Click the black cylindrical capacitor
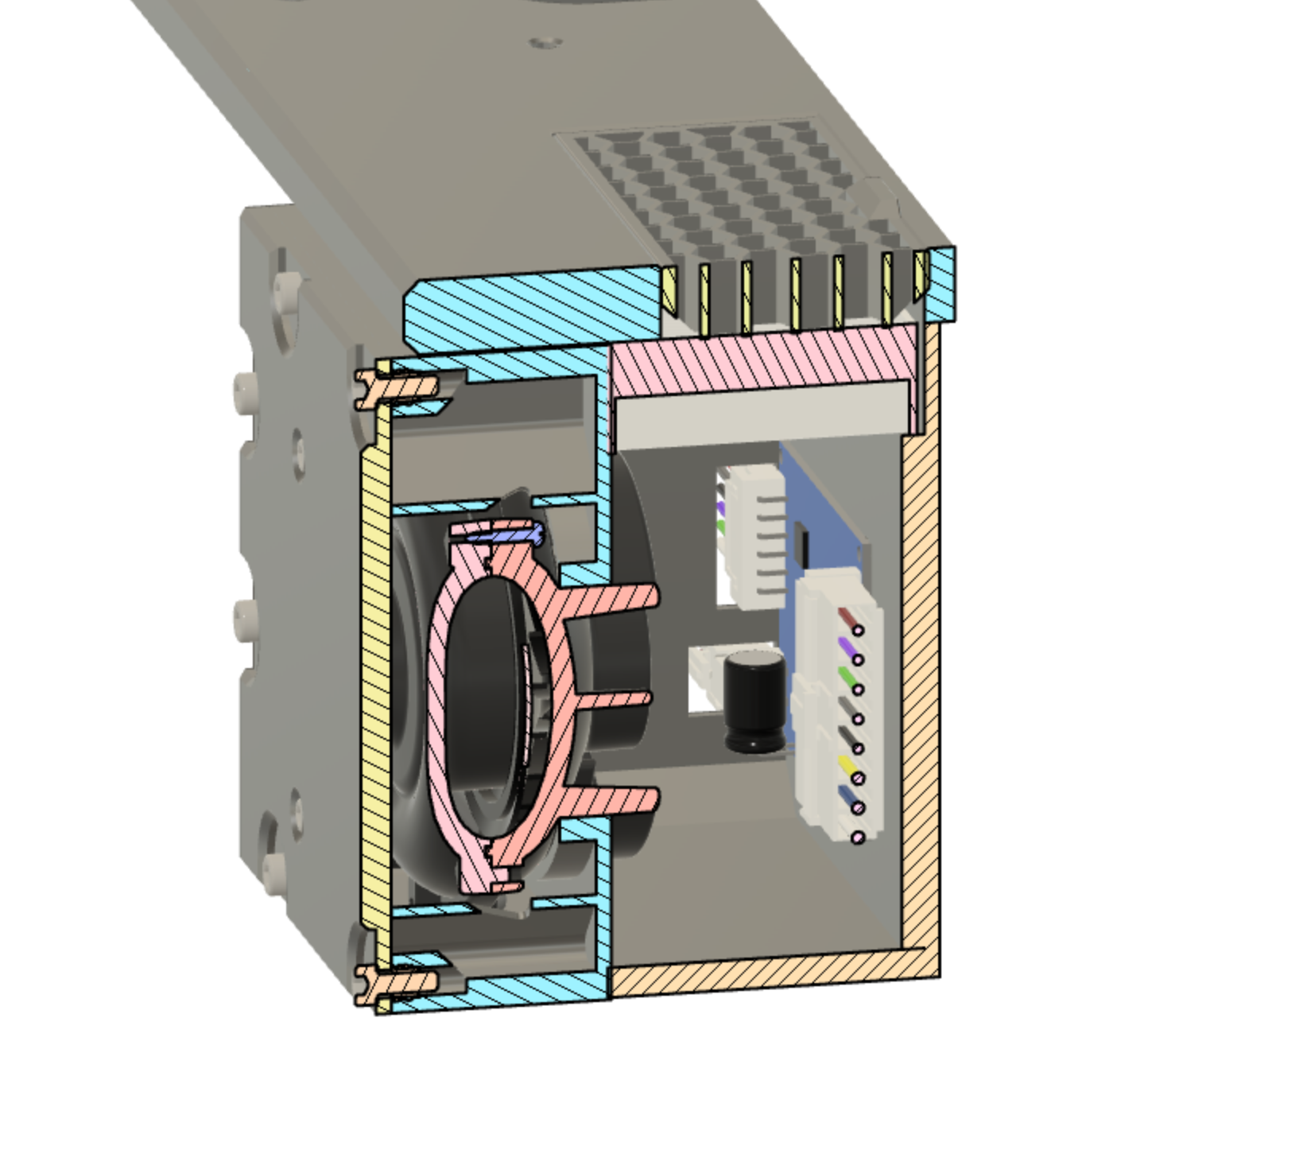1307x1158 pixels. coord(753,700)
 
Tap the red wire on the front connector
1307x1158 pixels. coord(849,618)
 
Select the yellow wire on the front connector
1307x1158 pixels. coord(847,767)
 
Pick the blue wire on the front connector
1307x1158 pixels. coord(847,796)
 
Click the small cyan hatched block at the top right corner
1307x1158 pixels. coord(942,282)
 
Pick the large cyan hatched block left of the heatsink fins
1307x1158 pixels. coord(533,306)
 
